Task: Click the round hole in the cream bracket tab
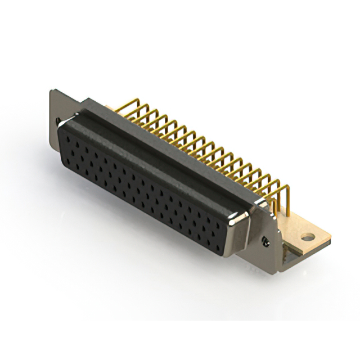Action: pyautogui.click(x=307, y=237)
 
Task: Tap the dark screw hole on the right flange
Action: pyautogui.click(x=265, y=241)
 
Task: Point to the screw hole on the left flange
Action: pyautogui.click(x=58, y=120)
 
